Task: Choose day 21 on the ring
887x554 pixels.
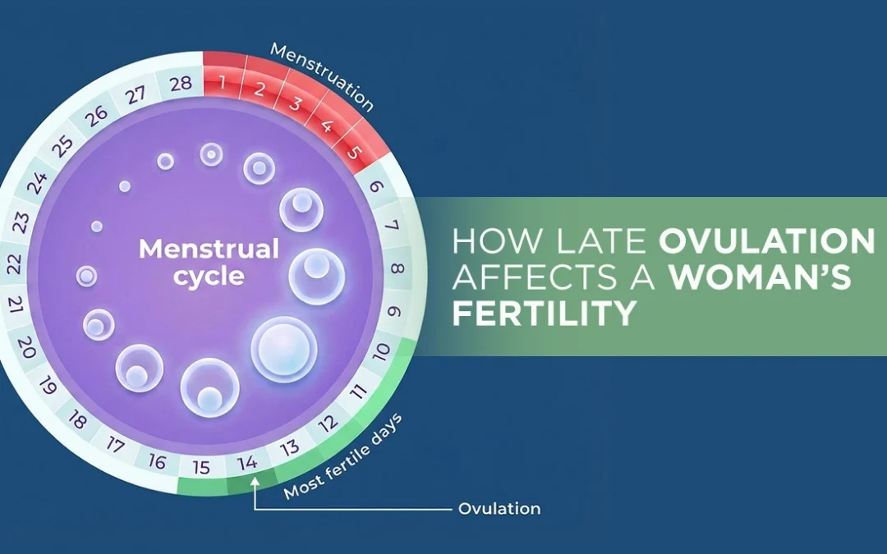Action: tap(16, 307)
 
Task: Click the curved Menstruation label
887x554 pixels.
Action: tap(322, 76)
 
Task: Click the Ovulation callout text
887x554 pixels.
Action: tap(499, 509)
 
